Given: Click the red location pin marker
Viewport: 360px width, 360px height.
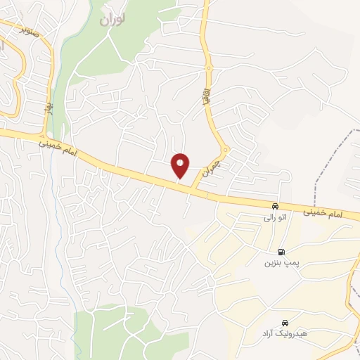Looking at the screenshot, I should pos(180,165).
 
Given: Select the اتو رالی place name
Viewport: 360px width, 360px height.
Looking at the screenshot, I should pos(274,218).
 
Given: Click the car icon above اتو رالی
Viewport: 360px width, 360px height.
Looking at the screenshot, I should pos(275,206).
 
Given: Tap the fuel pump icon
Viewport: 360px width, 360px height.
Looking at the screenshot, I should pos(282,252).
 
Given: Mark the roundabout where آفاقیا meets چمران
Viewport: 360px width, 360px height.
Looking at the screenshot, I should pos(225,149).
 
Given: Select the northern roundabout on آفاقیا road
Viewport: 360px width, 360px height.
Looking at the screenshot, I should pos(209,67).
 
